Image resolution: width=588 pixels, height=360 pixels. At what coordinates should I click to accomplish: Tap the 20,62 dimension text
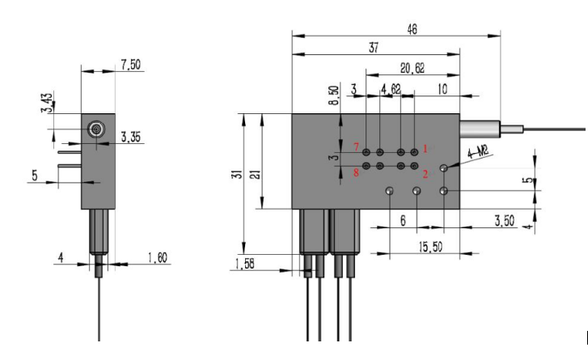413,69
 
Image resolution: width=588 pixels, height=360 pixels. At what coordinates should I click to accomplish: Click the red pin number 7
356,147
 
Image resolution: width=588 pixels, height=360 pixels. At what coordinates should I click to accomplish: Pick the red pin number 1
426,148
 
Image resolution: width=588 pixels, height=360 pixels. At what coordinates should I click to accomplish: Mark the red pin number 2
426,173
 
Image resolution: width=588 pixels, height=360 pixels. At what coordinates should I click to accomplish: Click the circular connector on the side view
95,128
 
